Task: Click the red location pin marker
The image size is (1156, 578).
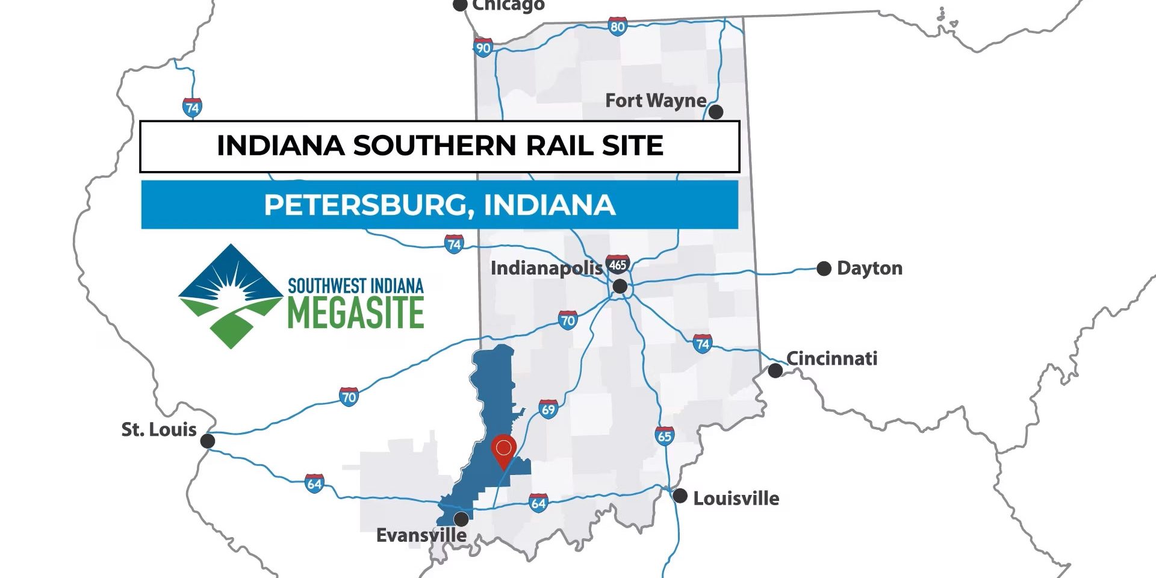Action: (x=503, y=450)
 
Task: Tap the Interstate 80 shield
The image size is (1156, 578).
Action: (x=617, y=26)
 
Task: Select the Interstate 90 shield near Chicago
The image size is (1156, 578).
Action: (x=483, y=48)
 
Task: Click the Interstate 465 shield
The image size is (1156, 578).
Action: (x=618, y=264)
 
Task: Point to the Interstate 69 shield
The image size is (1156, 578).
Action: (x=548, y=410)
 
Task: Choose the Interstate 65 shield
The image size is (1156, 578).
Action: (x=664, y=436)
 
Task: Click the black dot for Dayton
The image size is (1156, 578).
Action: (x=824, y=269)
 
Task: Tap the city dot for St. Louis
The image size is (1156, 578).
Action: (x=207, y=441)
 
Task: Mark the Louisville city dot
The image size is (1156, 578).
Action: (x=680, y=496)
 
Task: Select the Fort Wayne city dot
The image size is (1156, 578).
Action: (x=715, y=111)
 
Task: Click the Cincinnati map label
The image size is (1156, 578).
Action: (x=831, y=359)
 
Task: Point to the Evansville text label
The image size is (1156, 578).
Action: (x=421, y=535)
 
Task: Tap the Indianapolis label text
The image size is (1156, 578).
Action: (x=546, y=268)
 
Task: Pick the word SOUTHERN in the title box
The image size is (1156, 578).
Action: (x=434, y=146)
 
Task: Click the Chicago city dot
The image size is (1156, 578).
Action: (x=460, y=5)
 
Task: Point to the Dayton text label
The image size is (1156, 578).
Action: (x=869, y=269)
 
